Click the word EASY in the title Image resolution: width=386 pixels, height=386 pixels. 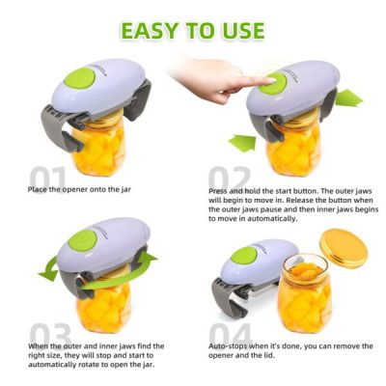click(x=150, y=31)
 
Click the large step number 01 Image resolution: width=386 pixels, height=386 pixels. click(x=47, y=177)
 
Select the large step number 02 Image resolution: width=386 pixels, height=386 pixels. click(x=229, y=177)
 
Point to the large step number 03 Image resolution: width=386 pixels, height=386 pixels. click(x=50, y=334)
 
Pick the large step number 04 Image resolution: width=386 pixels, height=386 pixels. click(x=231, y=334)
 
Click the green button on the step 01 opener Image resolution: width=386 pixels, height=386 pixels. click(x=79, y=78)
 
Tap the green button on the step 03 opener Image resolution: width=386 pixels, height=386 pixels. click(x=83, y=241)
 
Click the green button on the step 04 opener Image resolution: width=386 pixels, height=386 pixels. click(x=244, y=256)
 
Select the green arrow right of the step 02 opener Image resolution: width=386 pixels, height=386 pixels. click(x=348, y=98)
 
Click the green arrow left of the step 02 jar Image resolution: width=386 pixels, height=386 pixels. click(x=242, y=143)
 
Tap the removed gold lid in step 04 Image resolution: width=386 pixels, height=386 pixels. click(x=344, y=248)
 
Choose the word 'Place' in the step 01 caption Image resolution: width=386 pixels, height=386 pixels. click(x=38, y=189)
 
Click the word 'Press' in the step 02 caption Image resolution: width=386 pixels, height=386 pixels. click(x=218, y=191)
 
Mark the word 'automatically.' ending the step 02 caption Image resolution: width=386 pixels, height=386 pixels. click(x=274, y=219)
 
